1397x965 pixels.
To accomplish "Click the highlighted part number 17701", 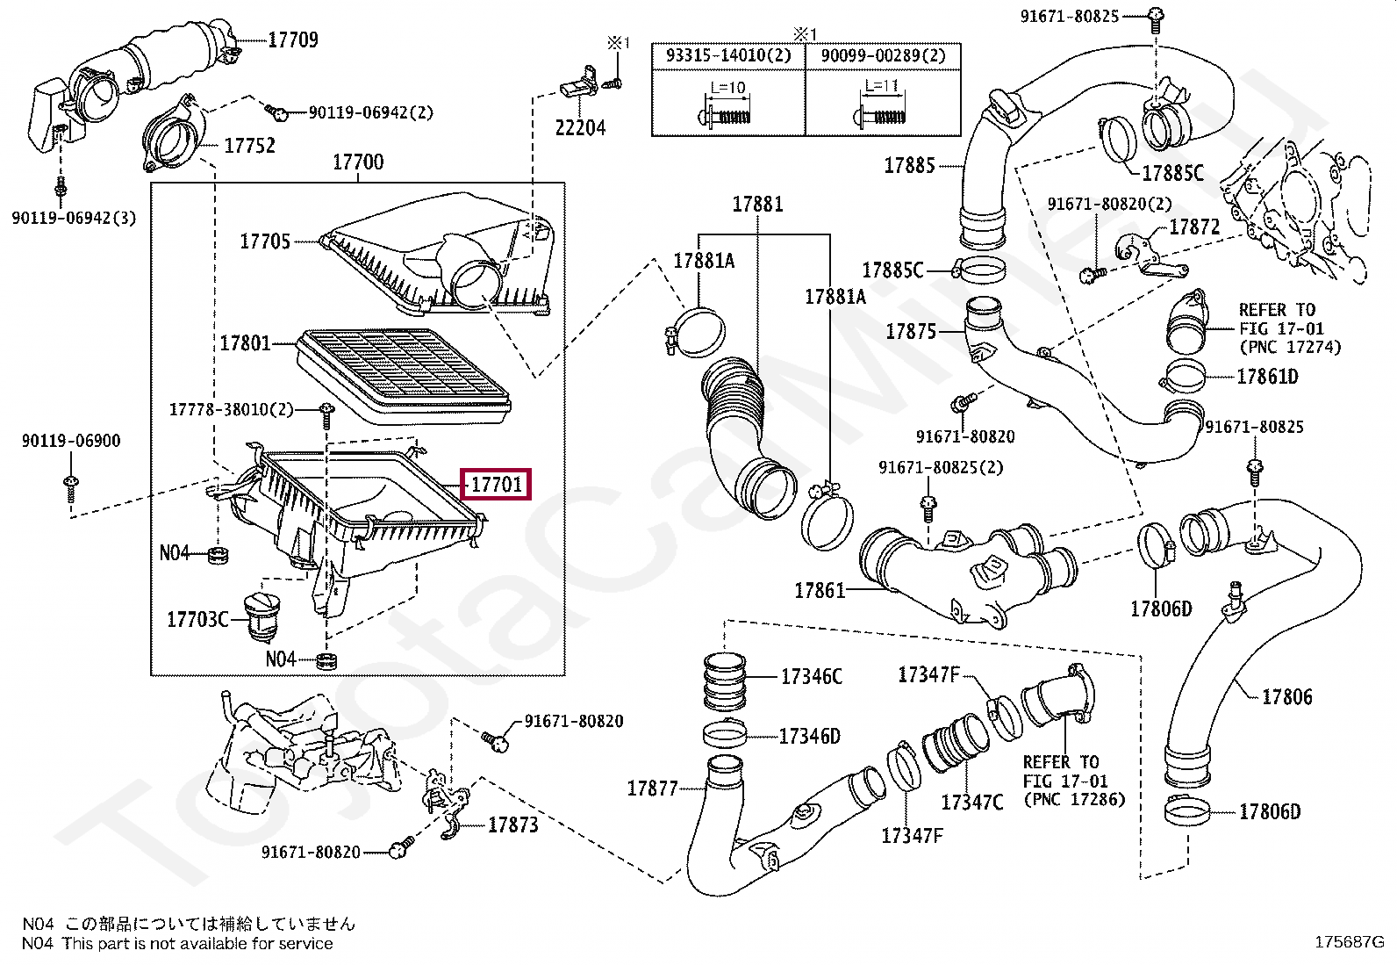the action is (x=496, y=484).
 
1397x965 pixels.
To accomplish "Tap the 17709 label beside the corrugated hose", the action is (x=293, y=40).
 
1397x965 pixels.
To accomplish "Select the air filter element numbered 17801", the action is (x=404, y=376).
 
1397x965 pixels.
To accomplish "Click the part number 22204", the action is (x=580, y=128).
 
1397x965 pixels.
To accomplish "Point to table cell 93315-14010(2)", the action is (x=728, y=55).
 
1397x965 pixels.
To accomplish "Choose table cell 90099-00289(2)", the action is (x=883, y=55).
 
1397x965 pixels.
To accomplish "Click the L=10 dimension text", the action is (x=727, y=88).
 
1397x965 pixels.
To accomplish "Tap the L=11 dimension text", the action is (x=881, y=85).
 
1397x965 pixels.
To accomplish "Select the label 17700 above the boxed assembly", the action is (x=358, y=162).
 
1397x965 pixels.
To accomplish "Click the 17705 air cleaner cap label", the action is (x=265, y=241).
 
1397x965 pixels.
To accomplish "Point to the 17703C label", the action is (x=197, y=619).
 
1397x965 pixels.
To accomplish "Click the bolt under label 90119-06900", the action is (x=71, y=489).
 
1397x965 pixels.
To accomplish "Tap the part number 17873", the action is (x=512, y=825).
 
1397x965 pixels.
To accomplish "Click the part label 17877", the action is (x=652, y=789).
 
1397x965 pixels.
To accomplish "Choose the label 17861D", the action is (x=1267, y=377).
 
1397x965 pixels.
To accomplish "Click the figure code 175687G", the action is (x=1349, y=942).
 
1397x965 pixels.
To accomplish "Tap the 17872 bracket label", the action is (x=1194, y=227).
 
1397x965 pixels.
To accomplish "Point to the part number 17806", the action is (x=1287, y=696).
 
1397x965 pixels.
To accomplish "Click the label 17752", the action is (x=249, y=146).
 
